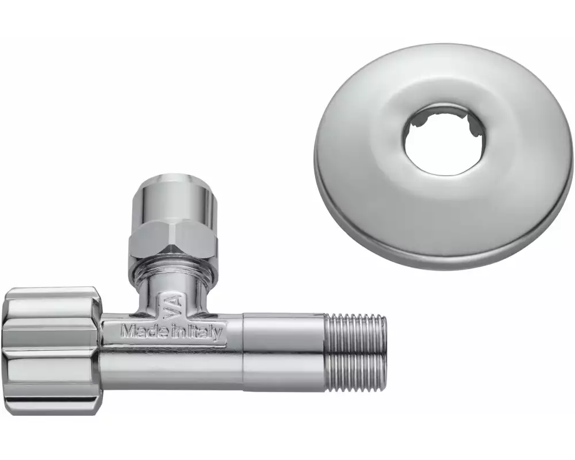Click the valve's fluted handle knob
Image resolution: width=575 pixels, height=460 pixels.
coord(51,351)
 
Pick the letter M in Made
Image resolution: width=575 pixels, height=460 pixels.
coord(128,331)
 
